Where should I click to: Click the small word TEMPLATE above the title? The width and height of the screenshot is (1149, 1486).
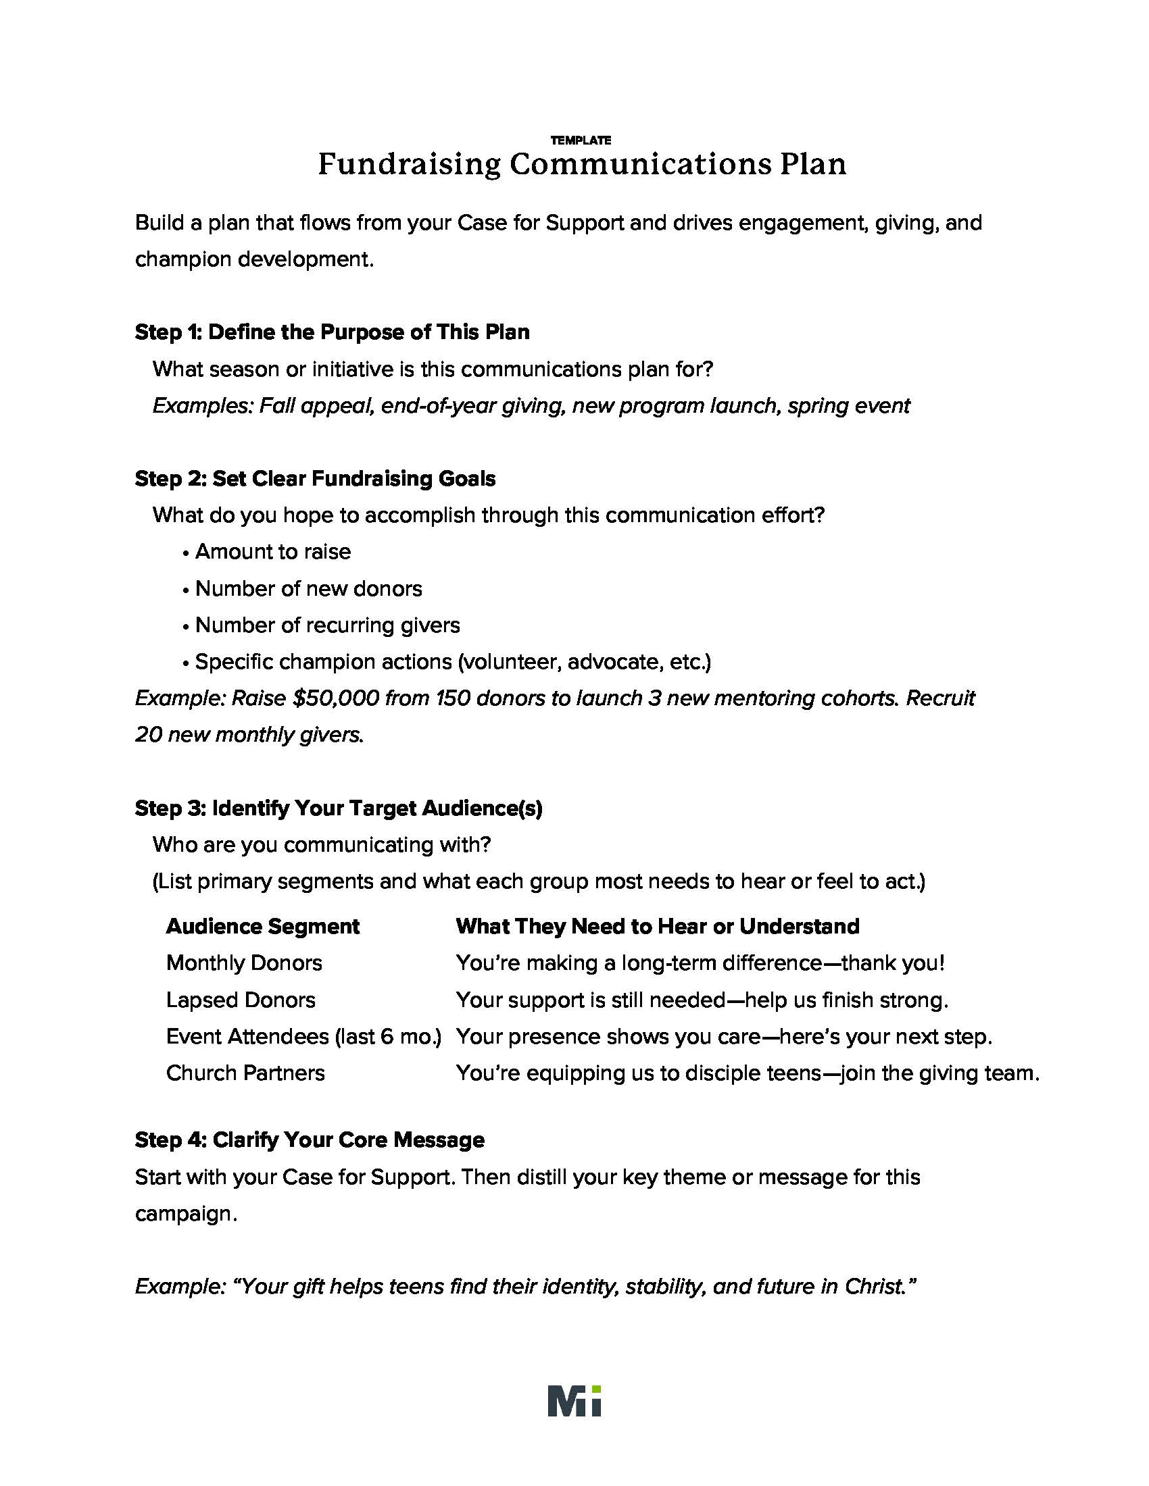[581, 140]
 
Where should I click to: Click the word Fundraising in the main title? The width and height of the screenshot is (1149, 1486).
[408, 165]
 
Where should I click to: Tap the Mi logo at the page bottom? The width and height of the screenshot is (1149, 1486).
[574, 1400]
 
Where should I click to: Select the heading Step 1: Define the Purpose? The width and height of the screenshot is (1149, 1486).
[332, 332]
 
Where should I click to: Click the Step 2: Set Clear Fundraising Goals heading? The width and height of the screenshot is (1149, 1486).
[315, 478]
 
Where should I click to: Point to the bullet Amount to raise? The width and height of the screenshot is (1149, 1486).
[272, 551]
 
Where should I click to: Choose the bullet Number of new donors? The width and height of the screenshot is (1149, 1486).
[308, 588]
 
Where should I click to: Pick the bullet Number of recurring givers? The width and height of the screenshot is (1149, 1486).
[326, 625]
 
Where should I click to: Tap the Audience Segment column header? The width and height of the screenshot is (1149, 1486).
[263, 926]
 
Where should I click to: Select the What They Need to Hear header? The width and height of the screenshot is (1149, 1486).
[657, 926]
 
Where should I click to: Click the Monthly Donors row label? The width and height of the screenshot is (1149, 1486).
[244, 963]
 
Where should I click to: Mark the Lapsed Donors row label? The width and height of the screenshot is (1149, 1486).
[241, 1000]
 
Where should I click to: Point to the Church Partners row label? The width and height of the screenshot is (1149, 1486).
[245, 1073]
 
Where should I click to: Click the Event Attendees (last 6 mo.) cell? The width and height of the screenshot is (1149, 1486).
[303, 1036]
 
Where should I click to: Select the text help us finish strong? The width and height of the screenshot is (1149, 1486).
[847, 1000]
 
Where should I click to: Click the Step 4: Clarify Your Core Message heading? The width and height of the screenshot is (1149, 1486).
[310, 1139]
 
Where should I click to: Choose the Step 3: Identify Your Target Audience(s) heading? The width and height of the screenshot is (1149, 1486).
[339, 808]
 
